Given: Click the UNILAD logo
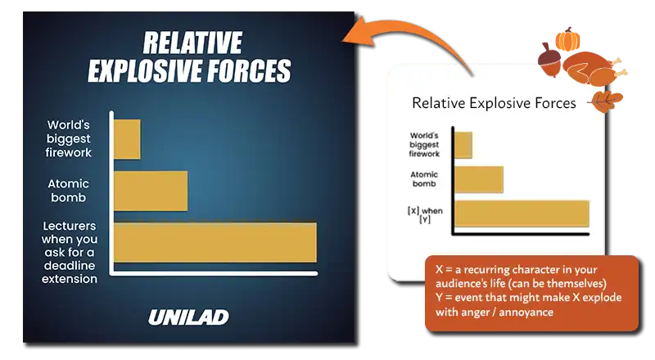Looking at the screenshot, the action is [188, 317].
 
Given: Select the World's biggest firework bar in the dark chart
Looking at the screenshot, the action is [127, 139].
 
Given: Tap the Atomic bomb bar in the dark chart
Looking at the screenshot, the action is [151, 191].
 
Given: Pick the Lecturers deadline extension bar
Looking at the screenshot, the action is [215, 243].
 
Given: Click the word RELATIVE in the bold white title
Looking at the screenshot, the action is [192, 43].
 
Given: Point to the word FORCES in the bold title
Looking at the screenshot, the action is [250, 70].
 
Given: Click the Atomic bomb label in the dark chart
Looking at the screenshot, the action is [69, 191].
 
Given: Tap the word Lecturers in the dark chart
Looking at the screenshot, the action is [70, 226].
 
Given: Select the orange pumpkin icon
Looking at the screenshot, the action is [567, 39].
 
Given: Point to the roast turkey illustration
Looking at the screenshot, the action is [593, 69].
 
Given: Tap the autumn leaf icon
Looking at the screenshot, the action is [607, 101].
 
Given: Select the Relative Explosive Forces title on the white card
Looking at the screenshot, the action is [494, 103].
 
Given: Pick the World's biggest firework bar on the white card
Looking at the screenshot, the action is [463, 145].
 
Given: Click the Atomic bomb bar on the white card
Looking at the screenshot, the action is [479, 179].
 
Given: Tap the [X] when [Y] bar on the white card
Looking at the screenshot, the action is [522, 214].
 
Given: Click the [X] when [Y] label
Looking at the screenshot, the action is [425, 214].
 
